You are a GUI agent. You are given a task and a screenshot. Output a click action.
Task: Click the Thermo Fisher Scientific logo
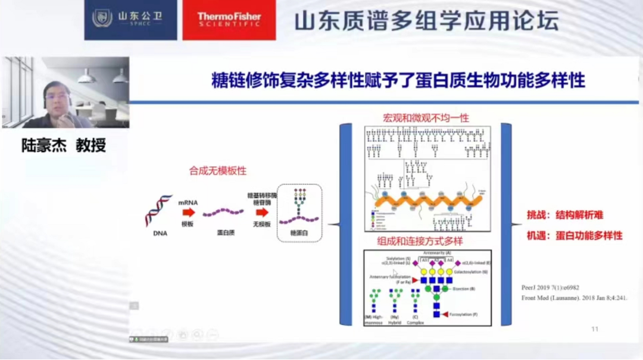(229, 20)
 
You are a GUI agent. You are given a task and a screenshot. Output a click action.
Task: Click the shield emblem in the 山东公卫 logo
(102, 18)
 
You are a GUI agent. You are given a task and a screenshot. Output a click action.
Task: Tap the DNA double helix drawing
(158, 211)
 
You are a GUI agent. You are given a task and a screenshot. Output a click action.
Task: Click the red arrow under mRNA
(188, 212)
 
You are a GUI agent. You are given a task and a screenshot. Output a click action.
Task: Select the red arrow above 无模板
(262, 212)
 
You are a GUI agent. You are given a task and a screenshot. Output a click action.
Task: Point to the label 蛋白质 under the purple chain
(225, 233)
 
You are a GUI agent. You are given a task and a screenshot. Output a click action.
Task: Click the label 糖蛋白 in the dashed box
(299, 233)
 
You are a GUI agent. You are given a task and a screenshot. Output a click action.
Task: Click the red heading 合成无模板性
(218, 171)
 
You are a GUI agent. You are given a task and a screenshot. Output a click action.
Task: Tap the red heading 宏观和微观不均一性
(426, 118)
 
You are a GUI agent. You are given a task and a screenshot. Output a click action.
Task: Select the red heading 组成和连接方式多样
(420, 241)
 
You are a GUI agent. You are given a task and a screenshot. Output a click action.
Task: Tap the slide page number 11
(594, 329)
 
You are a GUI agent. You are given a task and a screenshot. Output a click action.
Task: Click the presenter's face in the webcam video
(57, 98)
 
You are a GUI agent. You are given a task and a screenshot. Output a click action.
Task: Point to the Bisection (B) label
(463, 289)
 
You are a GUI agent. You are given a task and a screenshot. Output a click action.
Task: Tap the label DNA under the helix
(160, 234)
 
